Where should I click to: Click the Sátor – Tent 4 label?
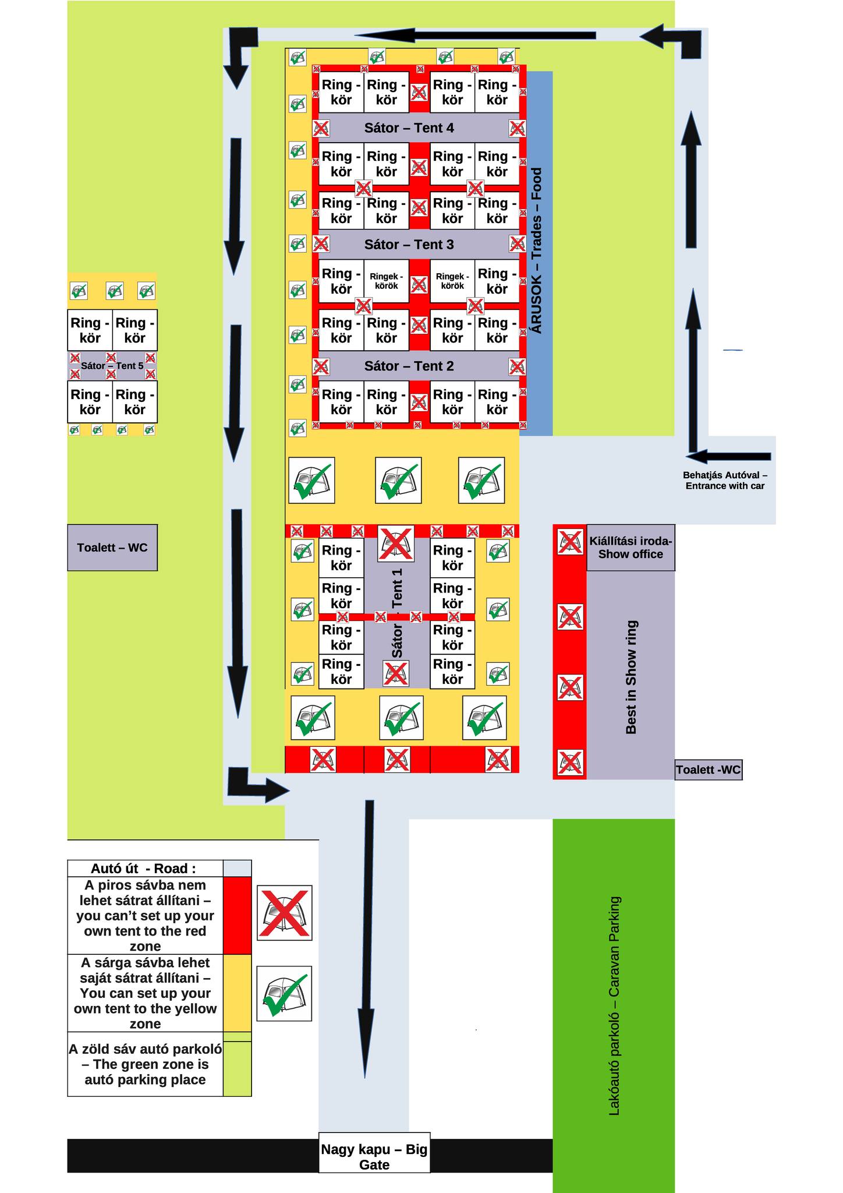point(409,128)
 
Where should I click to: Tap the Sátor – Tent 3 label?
point(409,245)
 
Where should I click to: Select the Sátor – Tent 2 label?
point(409,366)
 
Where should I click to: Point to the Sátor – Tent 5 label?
point(112,366)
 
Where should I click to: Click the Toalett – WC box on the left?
point(112,548)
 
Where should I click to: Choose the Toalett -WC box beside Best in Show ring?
point(708,770)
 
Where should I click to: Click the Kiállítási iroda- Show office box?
point(631,548)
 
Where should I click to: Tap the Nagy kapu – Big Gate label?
point(374,1156)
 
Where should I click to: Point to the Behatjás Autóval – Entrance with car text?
point(725,481)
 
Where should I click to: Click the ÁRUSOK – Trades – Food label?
point(537,250)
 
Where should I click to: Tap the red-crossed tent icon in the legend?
point(285,913)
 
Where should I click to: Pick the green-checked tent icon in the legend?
point(285,993)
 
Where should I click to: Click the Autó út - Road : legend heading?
point(145,869)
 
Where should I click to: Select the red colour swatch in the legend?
point(237,915)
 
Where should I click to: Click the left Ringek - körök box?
point(386,281)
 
